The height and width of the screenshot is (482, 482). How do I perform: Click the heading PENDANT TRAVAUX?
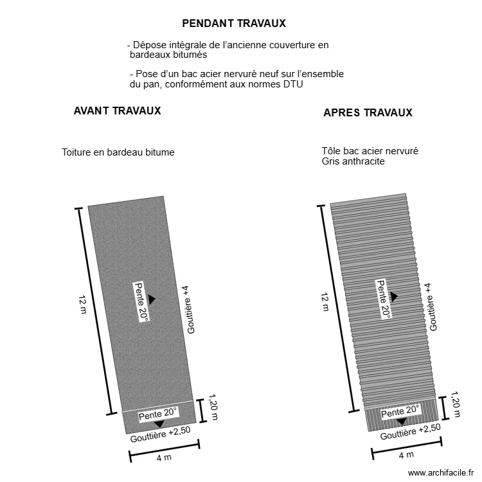(x=234, y=24)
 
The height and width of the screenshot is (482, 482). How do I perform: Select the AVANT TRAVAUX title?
(x=118, y=111)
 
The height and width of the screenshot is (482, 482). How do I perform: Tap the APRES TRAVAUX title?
(x=368, y=113)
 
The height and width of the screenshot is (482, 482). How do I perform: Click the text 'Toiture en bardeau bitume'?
(x=118, y=152)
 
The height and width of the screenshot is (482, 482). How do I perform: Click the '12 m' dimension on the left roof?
(x=82, y=305)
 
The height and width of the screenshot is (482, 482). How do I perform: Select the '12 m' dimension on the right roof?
(x=325, y=301)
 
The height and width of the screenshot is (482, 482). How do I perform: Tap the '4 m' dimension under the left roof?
(x=164, y=458)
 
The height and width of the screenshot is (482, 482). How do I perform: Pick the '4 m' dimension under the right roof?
(x=406, y=455)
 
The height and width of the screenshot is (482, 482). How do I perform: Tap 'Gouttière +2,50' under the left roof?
(x=160, y=435)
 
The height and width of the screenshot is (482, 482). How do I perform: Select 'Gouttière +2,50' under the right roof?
(x=410, y=433)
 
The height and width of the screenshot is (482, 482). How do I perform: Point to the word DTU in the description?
(x=292, y=84)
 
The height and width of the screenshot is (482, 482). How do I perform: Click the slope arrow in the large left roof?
(x=152, y=299)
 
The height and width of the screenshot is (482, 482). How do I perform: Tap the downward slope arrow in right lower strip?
(x=401, y=422)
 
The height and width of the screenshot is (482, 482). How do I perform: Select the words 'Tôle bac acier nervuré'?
(x=370, y=151)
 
